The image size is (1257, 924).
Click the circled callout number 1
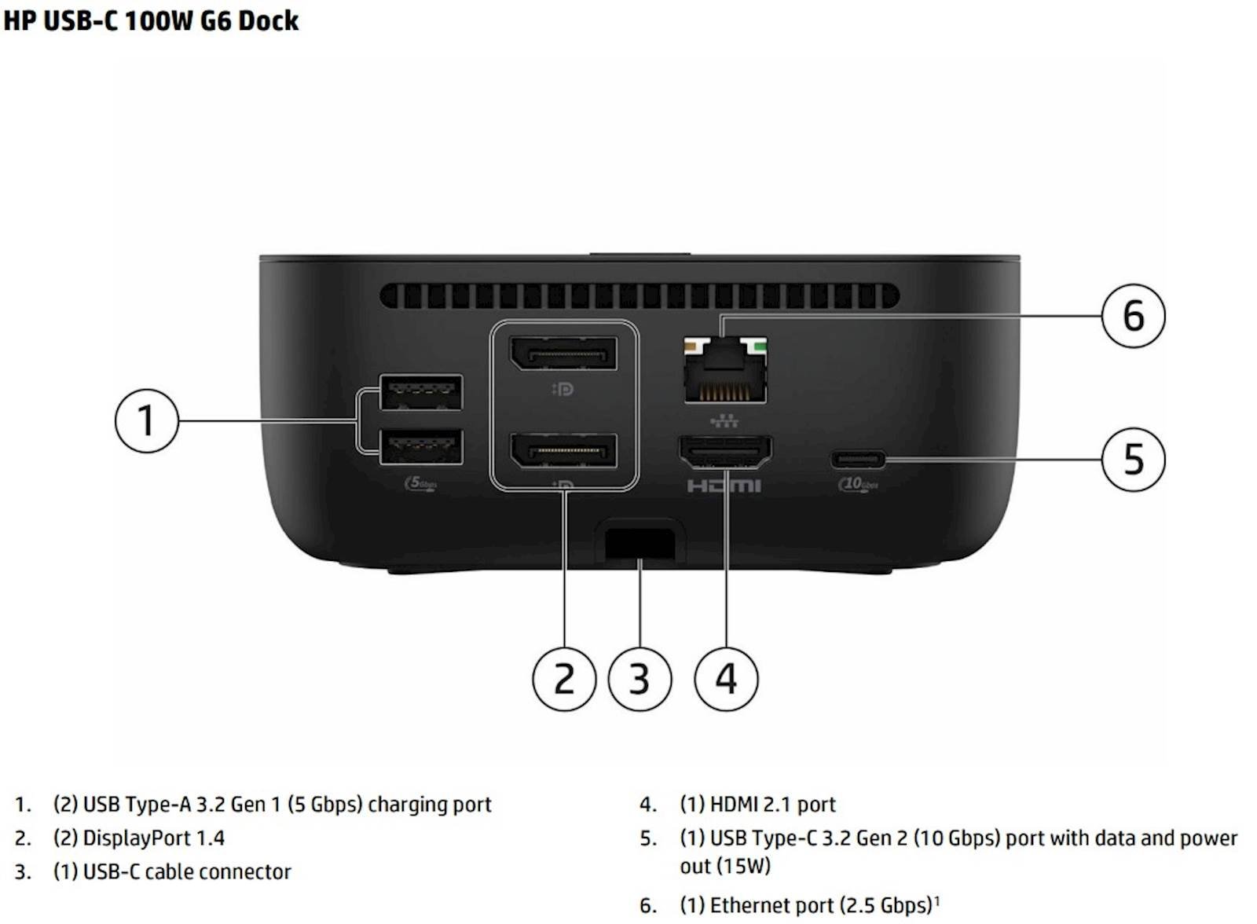point(146,420)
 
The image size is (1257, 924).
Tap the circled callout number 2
point(564,679)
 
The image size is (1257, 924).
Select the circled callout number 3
point(639,679)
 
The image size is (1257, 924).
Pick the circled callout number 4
point(726,679)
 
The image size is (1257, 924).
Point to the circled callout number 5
point(1133,460)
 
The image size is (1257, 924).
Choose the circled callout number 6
point(1133,316)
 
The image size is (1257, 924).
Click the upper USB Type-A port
point(421,392)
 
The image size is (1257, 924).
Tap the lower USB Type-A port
point(421,447)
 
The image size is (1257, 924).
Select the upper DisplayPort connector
point(563,354)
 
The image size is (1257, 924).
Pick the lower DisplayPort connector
point(563,450)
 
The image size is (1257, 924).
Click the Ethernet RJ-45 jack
point(725,371)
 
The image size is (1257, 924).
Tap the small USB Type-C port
point(858,460)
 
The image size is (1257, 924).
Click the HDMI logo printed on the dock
point(724,486)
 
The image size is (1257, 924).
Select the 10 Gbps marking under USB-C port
point(858,484)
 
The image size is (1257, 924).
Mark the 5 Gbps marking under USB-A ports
point(421,483)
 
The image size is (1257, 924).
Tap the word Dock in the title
point(268,20)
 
